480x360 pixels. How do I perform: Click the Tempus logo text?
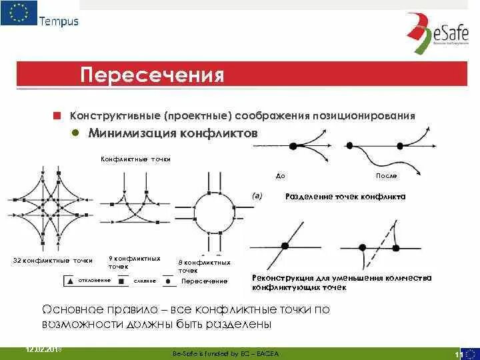point(59,21)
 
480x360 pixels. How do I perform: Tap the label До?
point(281,176)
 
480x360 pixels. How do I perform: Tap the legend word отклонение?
point(94,280)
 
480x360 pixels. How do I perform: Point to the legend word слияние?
point(145,281)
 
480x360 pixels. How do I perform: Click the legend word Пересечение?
point(205,281)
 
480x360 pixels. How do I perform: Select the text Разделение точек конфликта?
point(345,197)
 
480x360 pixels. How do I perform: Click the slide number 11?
point(458,353)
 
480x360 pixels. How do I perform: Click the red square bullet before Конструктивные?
point(57,115)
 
